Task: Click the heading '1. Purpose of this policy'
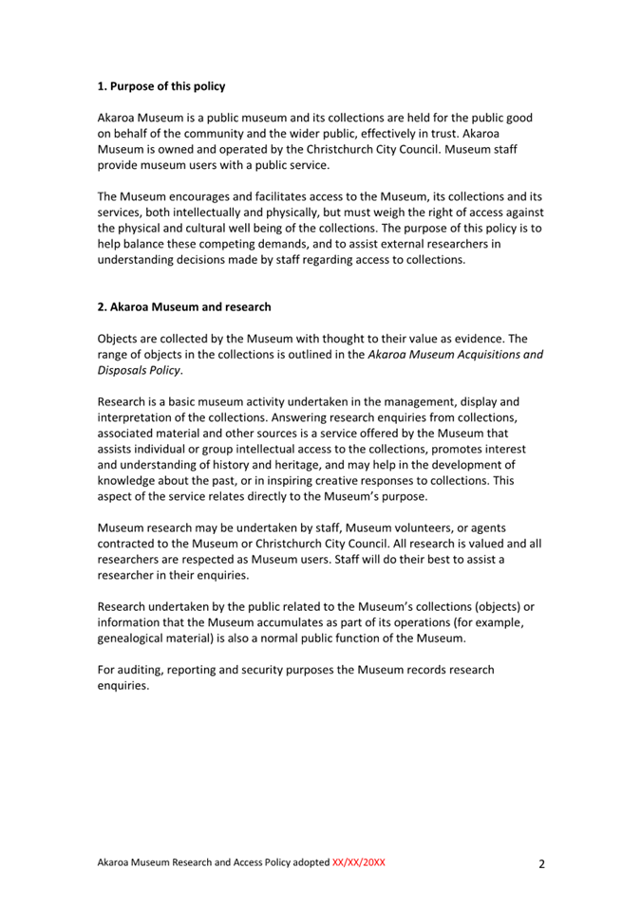(161, 87)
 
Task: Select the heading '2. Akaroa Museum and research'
(184, 307)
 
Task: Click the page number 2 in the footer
(541, 864)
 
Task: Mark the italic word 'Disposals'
(126, 370)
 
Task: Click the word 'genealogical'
(139, 638)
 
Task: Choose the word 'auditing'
(145, 670)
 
